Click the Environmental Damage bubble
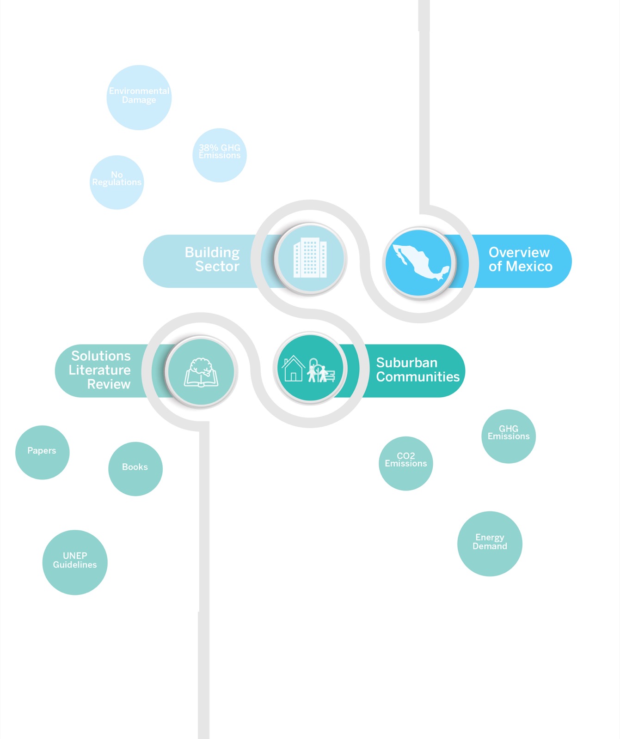pyautogui.click(x=139, y=97)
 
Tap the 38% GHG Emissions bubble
pyautogui.click(x=220, y=155)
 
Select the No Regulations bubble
pyautogui.click(x=117, y=182)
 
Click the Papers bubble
pyautogui.click(x=43, y=452)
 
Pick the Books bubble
pyautogui.click(x=135, y=469)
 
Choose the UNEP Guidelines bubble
pyautogui.click(x=75, y=562)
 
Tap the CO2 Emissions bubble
pyautogui.click(x=406, y=463)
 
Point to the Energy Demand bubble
pyautogui.click(x=490, y=544)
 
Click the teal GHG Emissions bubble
pyautogui.click(x=509, y=436)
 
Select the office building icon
pyautogui.click(x=310, y=258)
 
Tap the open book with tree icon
pyautogui.click(x=201, y=372)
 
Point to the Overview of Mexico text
pyautogui.click(x=520, y=259)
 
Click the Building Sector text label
pyautogui.click(x=212, y=259)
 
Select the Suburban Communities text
pyautogui.click(x=418, y=369)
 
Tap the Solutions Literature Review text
pyautogui.click(x=99, y=370)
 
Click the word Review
pyautogui.click(x=109, y=384)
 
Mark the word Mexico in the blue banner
pyautogui.click(x=529, y=267)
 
